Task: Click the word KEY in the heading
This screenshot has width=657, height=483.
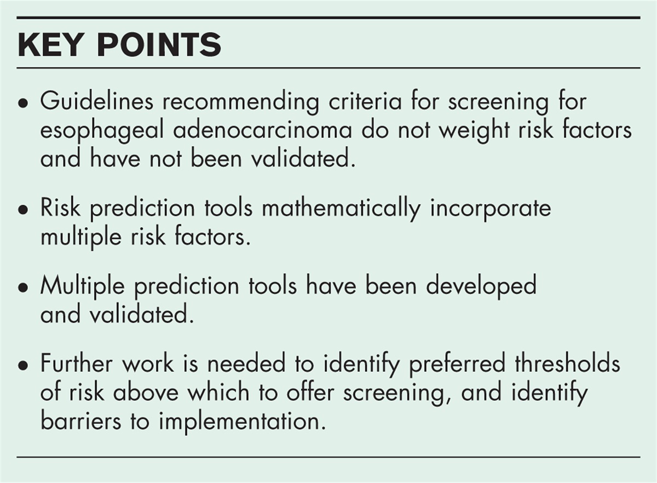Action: [49, 44]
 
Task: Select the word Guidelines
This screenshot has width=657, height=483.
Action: [97, 101]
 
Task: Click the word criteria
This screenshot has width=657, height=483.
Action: [365, 101]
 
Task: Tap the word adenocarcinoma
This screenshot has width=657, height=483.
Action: [262, 130]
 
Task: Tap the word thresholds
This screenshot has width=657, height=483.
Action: [568, 363]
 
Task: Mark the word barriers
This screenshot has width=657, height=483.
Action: [80, 421]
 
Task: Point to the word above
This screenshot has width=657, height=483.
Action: [146, 392]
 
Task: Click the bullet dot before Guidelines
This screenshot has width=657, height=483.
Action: [22, 104]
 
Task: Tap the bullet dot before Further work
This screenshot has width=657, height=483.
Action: [22, 366]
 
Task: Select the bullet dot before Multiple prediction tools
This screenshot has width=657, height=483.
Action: [22, 288]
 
